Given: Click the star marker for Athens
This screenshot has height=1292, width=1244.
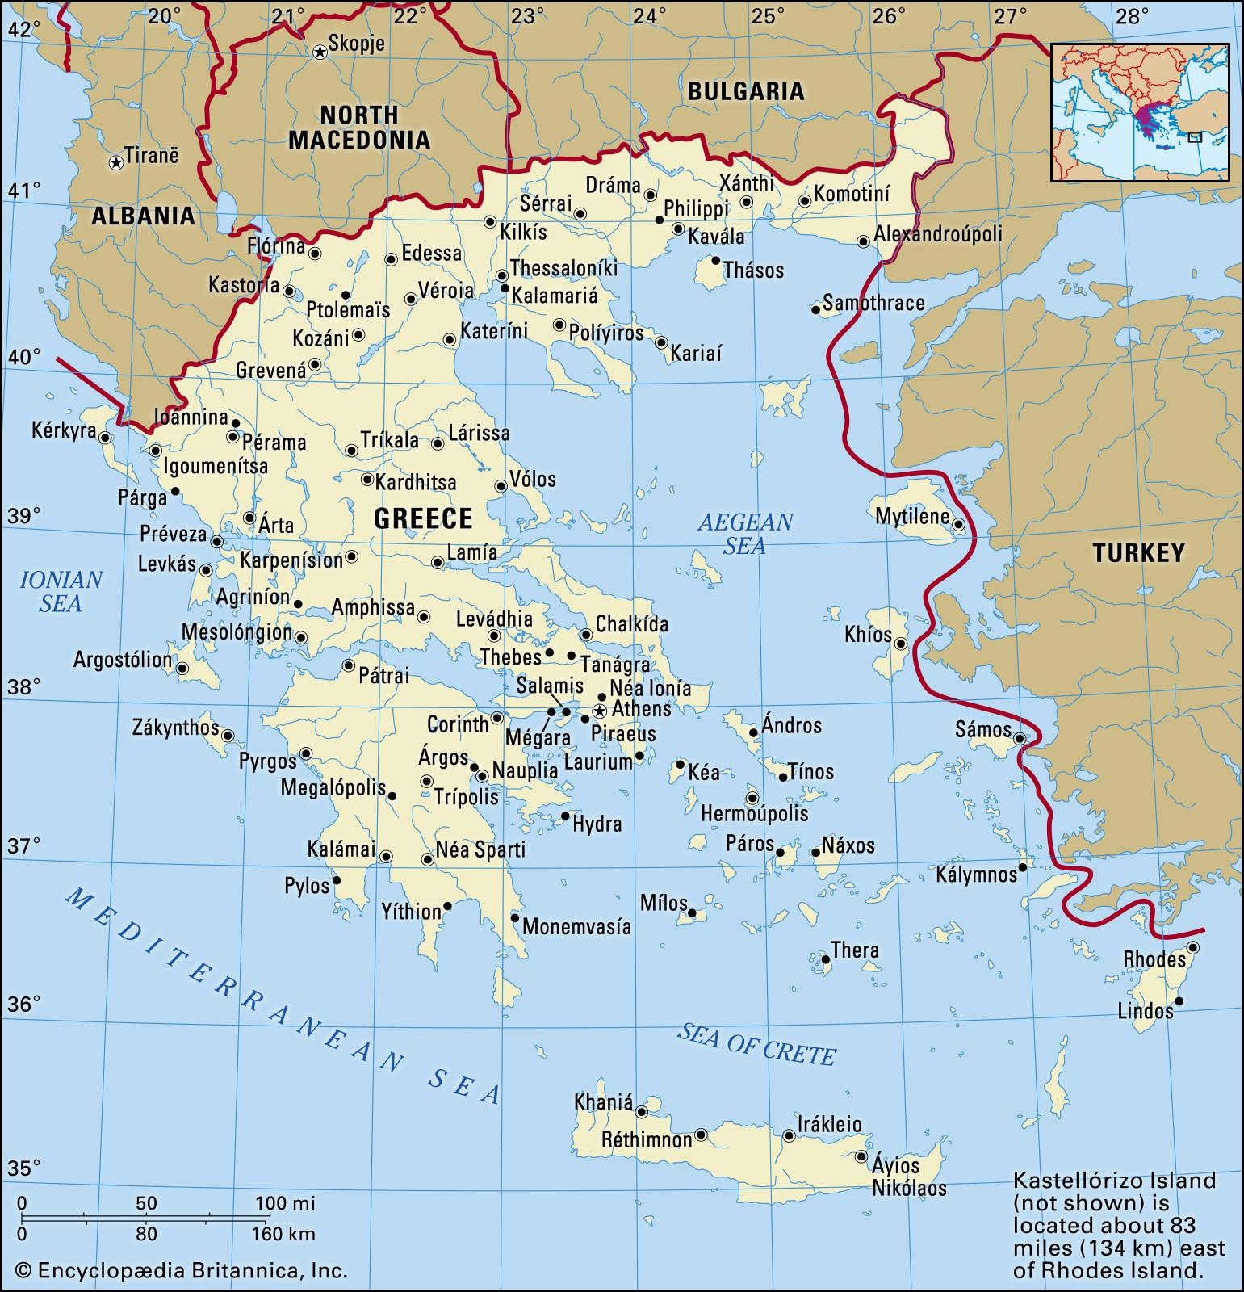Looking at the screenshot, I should point(599,711).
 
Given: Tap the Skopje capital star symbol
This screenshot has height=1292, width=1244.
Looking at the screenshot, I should point(320,52).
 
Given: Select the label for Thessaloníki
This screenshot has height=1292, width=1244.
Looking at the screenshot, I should point(563,268).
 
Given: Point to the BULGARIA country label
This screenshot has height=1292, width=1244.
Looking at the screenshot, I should point(745,91).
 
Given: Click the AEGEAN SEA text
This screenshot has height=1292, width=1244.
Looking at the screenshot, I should point(745,534).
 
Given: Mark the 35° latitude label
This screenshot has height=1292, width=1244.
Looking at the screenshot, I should point(23,1168).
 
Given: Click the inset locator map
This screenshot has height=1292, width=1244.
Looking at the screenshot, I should point(1140,112).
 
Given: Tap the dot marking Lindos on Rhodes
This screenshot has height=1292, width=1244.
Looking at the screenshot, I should point(1179,1001).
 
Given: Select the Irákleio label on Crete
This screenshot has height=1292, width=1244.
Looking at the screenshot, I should point(829,1124).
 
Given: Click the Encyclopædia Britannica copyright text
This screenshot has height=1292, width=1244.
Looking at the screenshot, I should point(182,1270).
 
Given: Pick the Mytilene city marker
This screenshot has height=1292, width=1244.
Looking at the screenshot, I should point(958,524).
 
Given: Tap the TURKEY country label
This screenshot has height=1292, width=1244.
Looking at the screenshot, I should point(1138,552).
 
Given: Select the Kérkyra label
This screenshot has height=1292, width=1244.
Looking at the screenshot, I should point(64,430).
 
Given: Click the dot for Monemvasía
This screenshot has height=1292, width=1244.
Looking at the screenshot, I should point(515,917).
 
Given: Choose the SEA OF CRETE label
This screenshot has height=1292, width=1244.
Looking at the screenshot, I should point(756,1044).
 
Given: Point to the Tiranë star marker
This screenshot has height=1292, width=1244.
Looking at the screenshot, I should point(116,163).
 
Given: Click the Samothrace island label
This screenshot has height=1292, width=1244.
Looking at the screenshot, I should point(873,303).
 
